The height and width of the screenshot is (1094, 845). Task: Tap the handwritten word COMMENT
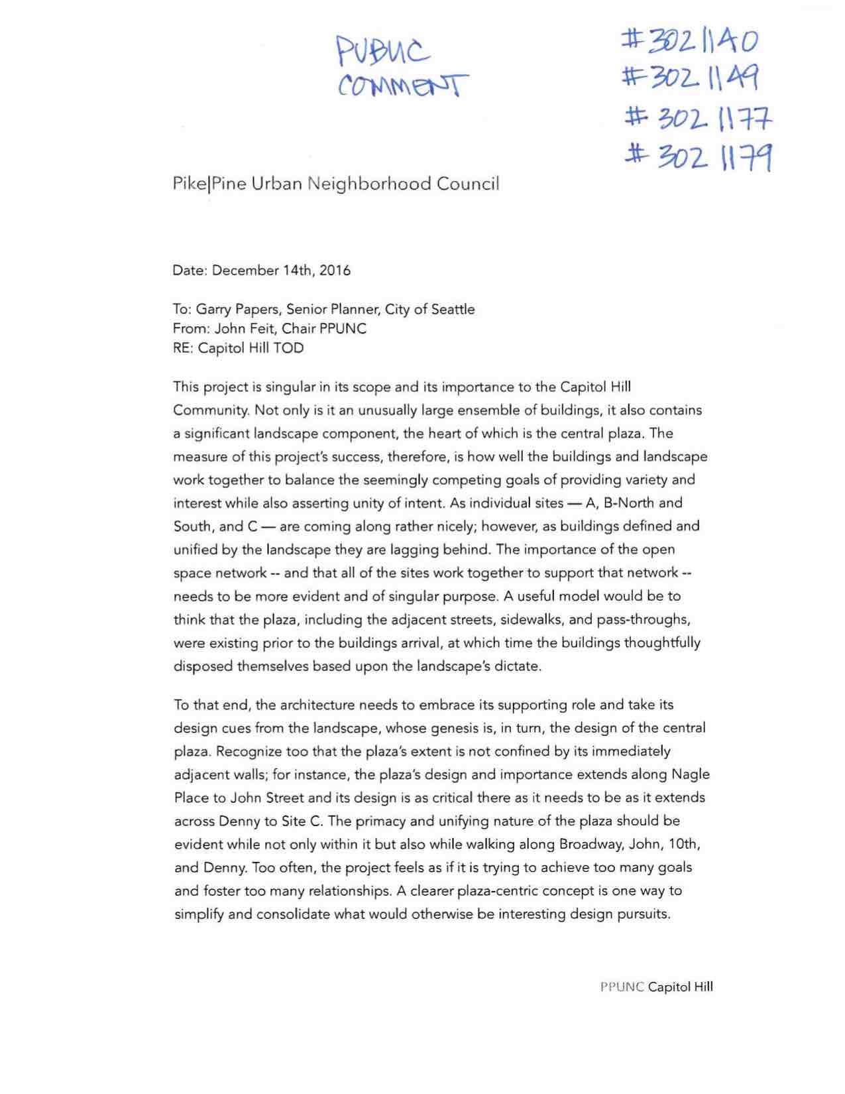(x=403, y=85)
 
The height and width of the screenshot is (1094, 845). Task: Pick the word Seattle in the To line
(x=453, y=310)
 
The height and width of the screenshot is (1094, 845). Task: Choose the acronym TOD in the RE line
(x=288, y=348)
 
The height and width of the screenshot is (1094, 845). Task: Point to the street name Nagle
(x=691, y=774)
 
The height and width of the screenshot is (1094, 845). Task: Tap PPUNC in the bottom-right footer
(x=622, y=987)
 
